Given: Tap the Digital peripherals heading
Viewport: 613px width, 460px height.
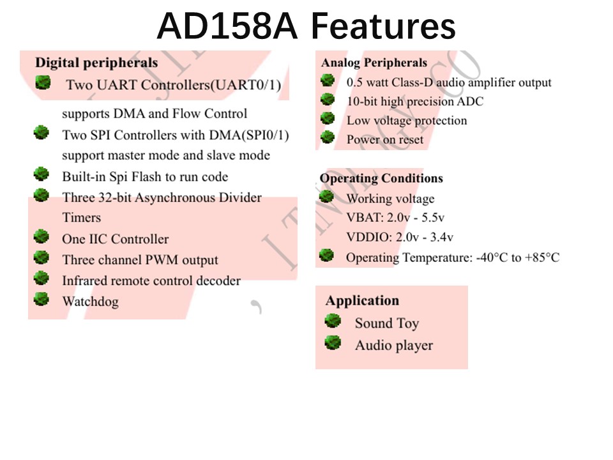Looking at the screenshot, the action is tap(96, 63).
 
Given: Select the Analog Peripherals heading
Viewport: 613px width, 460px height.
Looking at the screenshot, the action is tap(374, 63).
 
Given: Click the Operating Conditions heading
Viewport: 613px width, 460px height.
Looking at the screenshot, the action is tap(381, 178).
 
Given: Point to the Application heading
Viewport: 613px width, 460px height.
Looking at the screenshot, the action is tap(363, 300).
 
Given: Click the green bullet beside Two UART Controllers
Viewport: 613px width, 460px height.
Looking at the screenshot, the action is tap(43, 82).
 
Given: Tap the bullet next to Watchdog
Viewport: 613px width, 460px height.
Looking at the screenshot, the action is tap(41, 299).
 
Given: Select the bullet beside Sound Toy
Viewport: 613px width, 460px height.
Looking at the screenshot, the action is tap(333, 321).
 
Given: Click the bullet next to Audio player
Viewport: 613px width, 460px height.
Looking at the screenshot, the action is tap(333, 342).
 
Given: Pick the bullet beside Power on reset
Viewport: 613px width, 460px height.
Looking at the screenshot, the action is tap(328, 137).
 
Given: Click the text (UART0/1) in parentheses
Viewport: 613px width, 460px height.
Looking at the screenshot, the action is tap(245, 85).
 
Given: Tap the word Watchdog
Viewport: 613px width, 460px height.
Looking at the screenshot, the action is tap(90, 302).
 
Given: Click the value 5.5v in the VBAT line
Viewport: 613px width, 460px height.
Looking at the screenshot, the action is tap(433, 217).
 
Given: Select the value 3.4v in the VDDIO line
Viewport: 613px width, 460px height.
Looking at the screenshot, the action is tap(442, 237).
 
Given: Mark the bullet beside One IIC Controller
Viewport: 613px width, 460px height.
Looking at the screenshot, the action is tap(41, 236).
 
